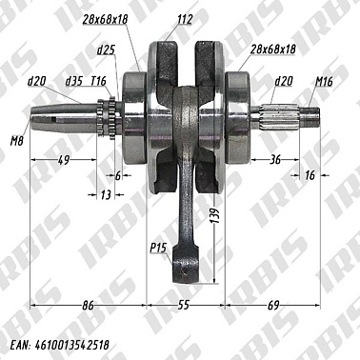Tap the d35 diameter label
tap(73, 83)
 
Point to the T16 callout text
tap(98, 83)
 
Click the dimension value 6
tap(118, 175)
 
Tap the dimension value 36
tap(274, 160)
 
